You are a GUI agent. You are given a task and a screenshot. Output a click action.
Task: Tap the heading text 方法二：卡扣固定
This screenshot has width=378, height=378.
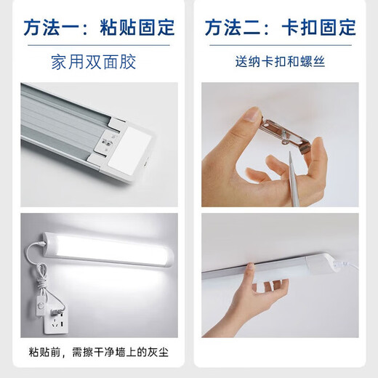[280, 28]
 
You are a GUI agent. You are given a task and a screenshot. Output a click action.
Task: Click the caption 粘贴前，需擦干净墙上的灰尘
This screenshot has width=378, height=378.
[99, 351]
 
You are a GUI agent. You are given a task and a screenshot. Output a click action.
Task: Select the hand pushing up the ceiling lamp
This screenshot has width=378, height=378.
[251, 305]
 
